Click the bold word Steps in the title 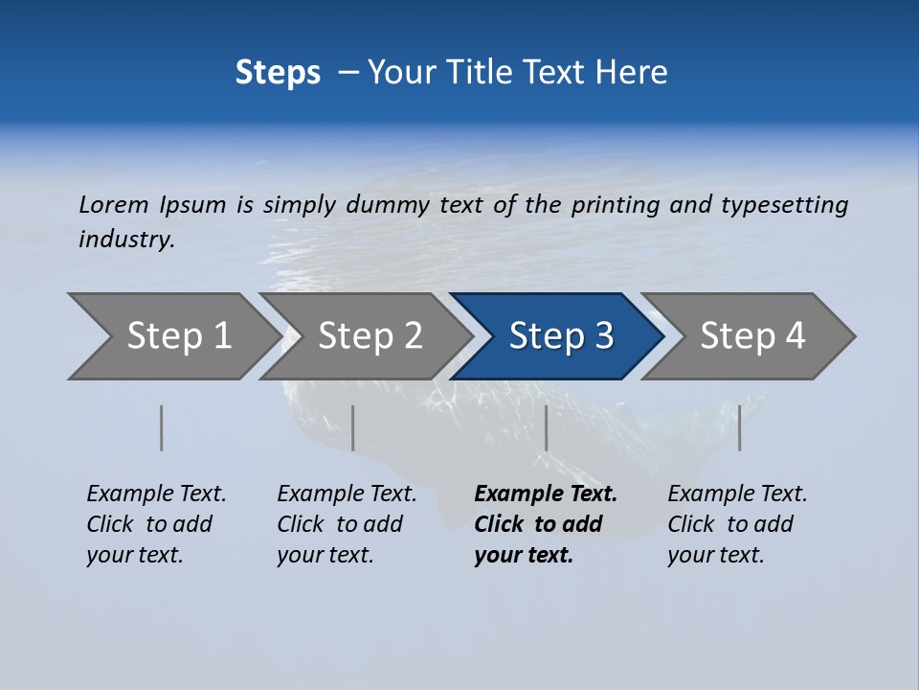click(x=278, y=73)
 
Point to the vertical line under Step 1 click(x=162, y=427)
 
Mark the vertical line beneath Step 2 click(x=353, y=427)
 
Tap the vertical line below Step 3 click(x=547, y=427)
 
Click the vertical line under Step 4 click(x=740, y=427)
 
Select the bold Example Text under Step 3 click(x=546, y=524)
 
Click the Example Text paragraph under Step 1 click(x=156, y=524)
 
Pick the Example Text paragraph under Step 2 click(x=347, y=524)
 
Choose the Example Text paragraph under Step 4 click(x=737, y=524)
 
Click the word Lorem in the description click(x=113, y=204)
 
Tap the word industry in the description click(x=125, y=239)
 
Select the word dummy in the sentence click(x=389, y=205)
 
